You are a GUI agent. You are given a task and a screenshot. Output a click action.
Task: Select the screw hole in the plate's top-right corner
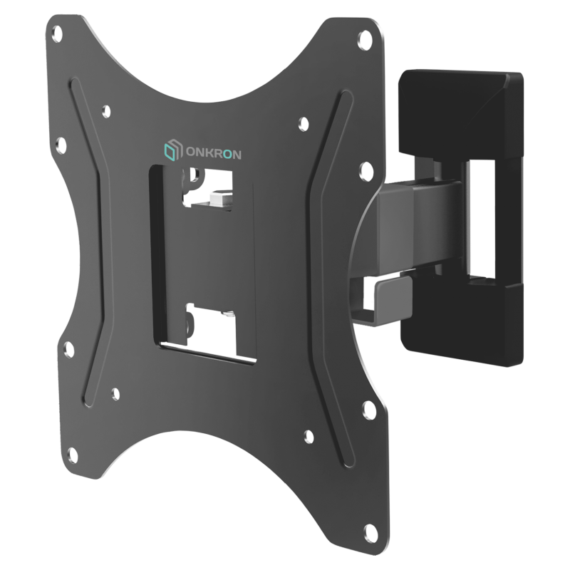pyautogui.click(x=365, y=37)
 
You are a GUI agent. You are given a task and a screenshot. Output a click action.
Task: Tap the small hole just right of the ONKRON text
pyautogui.click(x=304, y=123)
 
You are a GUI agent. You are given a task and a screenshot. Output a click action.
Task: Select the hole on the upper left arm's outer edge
pyautogui.click(x=61, y=145)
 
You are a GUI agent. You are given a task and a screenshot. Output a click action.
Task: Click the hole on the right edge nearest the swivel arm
pyautogui.click(x=365, y=170)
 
